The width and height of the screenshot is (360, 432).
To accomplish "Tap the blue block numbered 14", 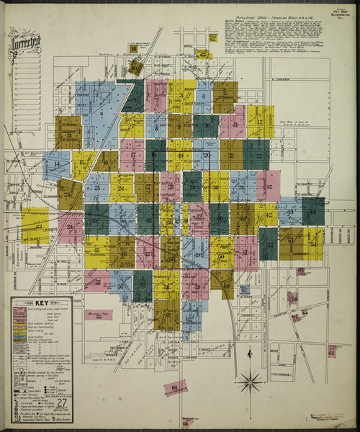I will (56, 165).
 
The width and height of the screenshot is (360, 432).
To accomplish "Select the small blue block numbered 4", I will (205, 96).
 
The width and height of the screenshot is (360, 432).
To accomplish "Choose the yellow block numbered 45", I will (96, 251).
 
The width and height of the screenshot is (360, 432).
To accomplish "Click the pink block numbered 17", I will (132, 153).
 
